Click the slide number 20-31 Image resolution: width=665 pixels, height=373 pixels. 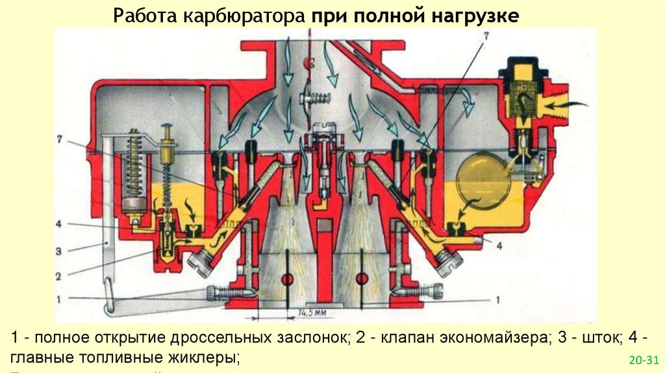point(644,359)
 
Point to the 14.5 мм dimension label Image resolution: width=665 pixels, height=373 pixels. point(313,313)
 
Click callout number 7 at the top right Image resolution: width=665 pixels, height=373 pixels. point(483,36)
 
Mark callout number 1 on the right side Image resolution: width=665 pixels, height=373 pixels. point(497,300)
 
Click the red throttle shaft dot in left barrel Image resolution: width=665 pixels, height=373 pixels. point(286,279)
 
